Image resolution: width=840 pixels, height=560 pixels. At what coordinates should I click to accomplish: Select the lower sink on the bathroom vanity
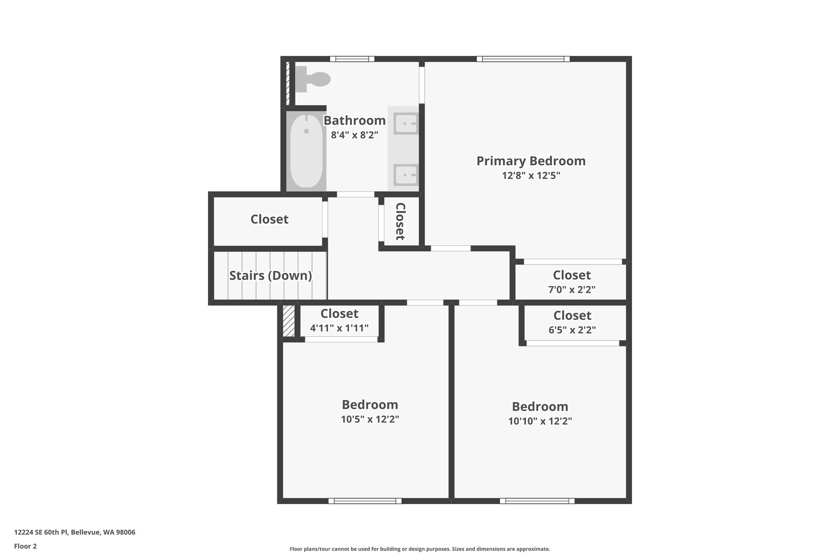(x=405, y=175)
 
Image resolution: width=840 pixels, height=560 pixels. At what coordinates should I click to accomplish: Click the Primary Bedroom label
(x=531, y=161)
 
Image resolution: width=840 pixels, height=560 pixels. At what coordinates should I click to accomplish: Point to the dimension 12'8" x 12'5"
(x=531, y=176)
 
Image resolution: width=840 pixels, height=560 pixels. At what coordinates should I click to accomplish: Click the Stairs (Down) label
(x=270, y=275)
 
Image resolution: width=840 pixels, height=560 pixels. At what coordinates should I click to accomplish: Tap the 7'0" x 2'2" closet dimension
(x=571, y=289)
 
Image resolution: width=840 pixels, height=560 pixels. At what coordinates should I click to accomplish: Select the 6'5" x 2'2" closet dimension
(x=572, y=329)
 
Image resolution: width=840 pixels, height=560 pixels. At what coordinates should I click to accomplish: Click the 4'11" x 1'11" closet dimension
(x=339, y=328)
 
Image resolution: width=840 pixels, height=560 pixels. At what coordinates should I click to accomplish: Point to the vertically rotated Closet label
(x=400, y=222)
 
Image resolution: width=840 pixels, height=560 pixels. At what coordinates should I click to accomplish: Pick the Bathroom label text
(x=354, y=121)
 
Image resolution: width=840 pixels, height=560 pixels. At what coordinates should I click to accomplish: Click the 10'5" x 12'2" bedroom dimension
(x=370, y=419)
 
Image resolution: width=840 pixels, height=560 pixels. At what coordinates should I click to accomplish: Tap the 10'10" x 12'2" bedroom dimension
(x=540, y=421)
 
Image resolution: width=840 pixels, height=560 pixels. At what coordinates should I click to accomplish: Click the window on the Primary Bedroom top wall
(x=523, y=59)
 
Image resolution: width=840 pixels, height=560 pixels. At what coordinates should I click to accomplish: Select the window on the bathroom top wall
(x=352, y=59)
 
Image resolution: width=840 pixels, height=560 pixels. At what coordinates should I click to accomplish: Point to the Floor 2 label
(x=25, y=546)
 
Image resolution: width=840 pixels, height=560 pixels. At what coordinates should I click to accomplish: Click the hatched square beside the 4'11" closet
(x=289, y=321)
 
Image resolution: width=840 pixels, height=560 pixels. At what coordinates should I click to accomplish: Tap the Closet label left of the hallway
(x=269, y=219)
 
